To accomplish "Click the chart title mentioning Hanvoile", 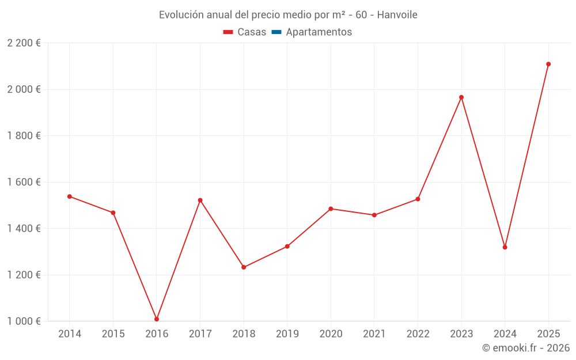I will (288, 14).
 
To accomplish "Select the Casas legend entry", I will (245, 32).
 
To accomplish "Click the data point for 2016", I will (157, 319).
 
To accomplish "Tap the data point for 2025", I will (548, 64).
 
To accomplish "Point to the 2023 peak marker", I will (461, 97).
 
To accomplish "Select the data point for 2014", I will (70, 196).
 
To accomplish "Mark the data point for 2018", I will (244, 267).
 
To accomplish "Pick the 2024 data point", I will (505, 247).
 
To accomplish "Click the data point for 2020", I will (331, 209).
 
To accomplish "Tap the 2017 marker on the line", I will (200, 200).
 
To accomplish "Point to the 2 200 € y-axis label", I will (24, 43).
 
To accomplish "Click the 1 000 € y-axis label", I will (24, 321).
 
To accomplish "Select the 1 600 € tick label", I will (24, 182).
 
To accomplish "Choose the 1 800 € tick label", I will (24, 136).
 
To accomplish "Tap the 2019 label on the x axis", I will (287, 334).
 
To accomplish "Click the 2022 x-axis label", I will (418, 334).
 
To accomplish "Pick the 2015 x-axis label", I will (113, 334).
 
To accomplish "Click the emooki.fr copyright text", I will (526, 348).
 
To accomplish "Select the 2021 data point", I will (374, 215).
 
